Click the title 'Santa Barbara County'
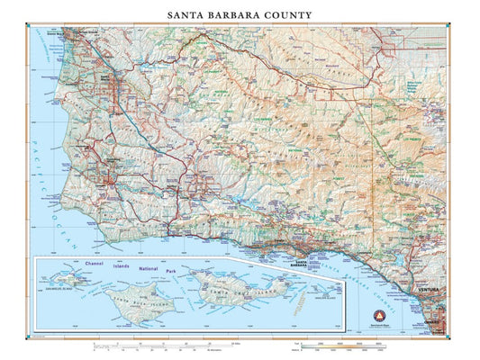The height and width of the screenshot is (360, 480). pyautogui.click(x=240, y=15)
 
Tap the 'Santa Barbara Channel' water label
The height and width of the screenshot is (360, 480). pyautogui.click(x=369, y=269)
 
